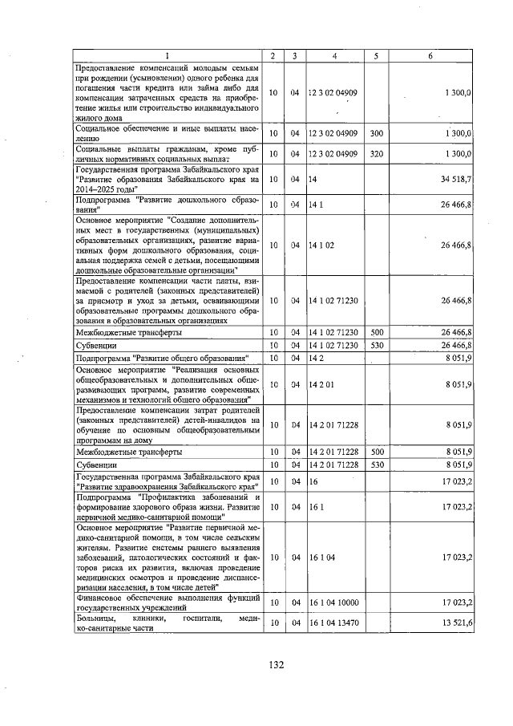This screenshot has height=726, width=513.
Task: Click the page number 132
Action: click(277, 665)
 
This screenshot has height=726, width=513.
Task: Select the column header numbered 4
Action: click(333, 55)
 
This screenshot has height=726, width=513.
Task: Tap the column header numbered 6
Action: click(430, 55)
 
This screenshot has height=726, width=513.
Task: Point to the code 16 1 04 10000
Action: click(333, 602)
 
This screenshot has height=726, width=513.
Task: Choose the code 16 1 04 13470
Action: click(333, 623)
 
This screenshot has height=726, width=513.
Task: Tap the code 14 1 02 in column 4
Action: click(321, 245)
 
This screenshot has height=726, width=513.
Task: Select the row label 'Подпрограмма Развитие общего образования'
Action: click(164, 358)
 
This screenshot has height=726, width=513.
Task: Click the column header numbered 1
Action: click(168, 55)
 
